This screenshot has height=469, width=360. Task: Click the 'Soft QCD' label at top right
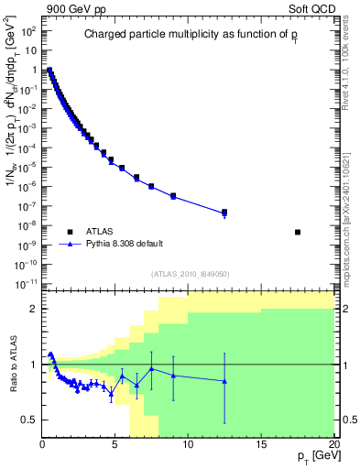coord(312,8)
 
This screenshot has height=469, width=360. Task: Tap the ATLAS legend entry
coord(101,232)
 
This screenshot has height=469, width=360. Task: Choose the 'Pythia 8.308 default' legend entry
coord(127,245)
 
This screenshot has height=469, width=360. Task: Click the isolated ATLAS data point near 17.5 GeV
coord(298,232)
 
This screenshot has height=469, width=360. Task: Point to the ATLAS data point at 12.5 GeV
coord(224,212)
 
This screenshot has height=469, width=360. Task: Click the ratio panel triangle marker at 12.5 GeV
coord(224,381)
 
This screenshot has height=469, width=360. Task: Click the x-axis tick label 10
coord(188,446)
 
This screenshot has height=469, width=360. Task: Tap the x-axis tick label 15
coord(261,446)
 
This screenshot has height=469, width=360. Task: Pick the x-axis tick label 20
coord(333,446)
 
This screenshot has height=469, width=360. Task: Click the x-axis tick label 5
coord(115,446)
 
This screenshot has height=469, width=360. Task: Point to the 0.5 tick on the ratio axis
coord(29,420)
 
